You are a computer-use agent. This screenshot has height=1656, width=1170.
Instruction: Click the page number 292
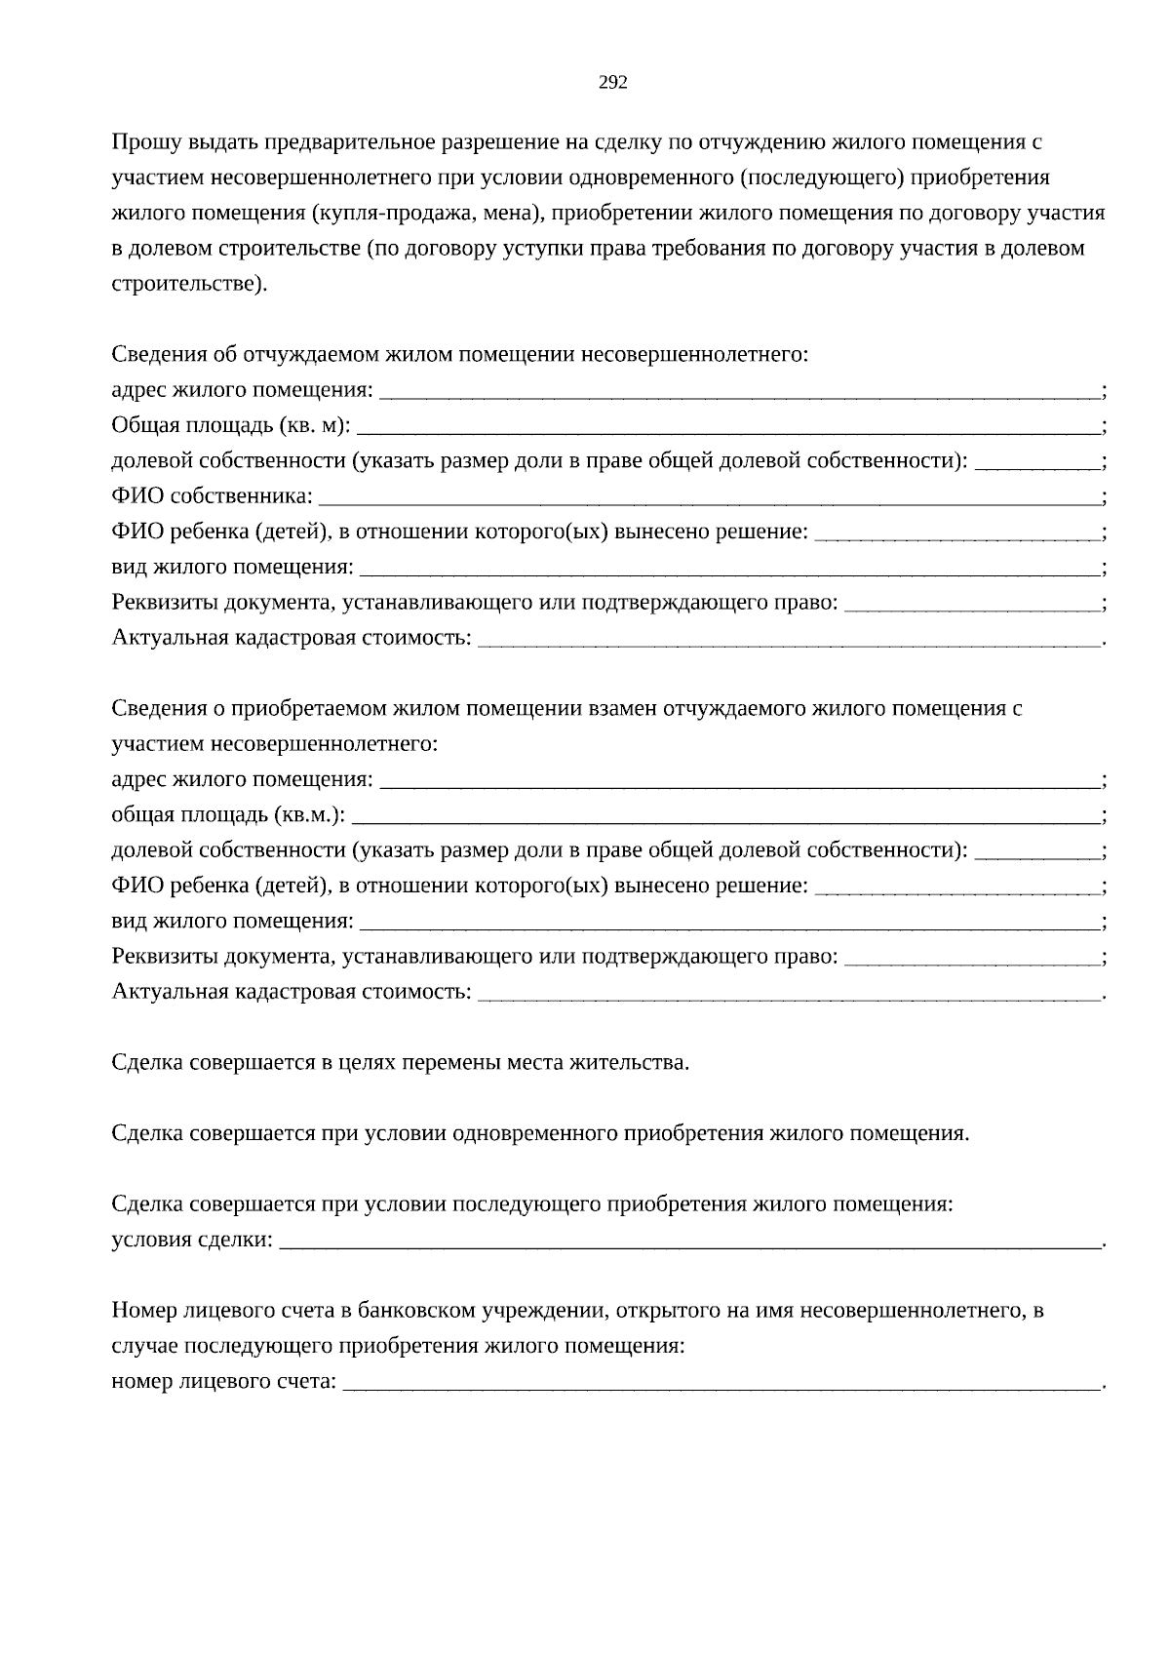(612, 83)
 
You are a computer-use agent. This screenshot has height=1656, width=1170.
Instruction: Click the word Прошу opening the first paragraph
(142, 142)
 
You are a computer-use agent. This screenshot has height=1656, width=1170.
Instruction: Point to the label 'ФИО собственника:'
(212, 496)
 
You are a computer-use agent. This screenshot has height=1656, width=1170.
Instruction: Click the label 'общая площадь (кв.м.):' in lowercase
(228, 815)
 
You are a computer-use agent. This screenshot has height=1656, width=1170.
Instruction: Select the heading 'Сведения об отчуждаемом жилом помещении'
(459, 354)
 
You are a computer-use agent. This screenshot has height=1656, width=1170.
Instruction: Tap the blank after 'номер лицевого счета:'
(721, 1382)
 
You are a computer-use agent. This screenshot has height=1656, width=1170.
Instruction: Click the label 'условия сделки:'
(192, 1241)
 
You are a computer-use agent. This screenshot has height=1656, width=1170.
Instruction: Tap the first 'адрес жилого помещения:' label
(242, 391)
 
